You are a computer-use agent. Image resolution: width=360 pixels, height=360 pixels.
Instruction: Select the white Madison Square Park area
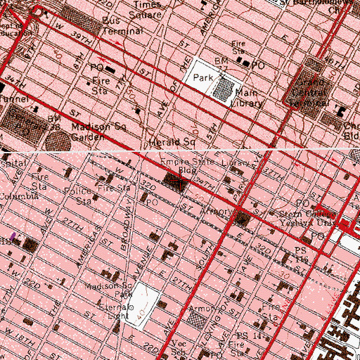[143, 304]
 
